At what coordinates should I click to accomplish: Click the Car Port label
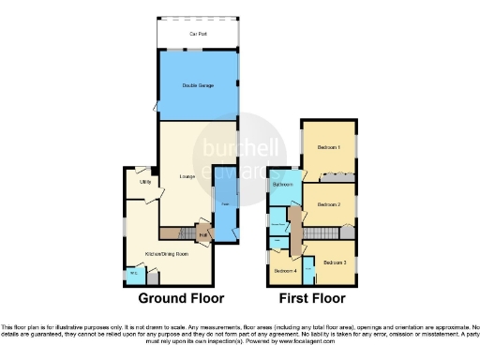pos(197,34)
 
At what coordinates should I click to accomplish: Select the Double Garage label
pos(197,85)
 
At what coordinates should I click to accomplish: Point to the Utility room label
pos(146,182)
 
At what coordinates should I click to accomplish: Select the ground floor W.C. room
pos(135,274)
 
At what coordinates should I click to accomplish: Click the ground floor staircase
pos(175,232)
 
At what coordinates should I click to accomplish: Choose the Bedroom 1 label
pos(328,148)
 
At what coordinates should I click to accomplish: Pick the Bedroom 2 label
pos(328,203)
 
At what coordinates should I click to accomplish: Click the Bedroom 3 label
pos(335,263)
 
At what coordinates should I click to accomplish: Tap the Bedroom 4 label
pos(284,271)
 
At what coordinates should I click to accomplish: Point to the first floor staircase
pos(322,232)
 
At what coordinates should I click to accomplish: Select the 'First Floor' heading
pos(310,298)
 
